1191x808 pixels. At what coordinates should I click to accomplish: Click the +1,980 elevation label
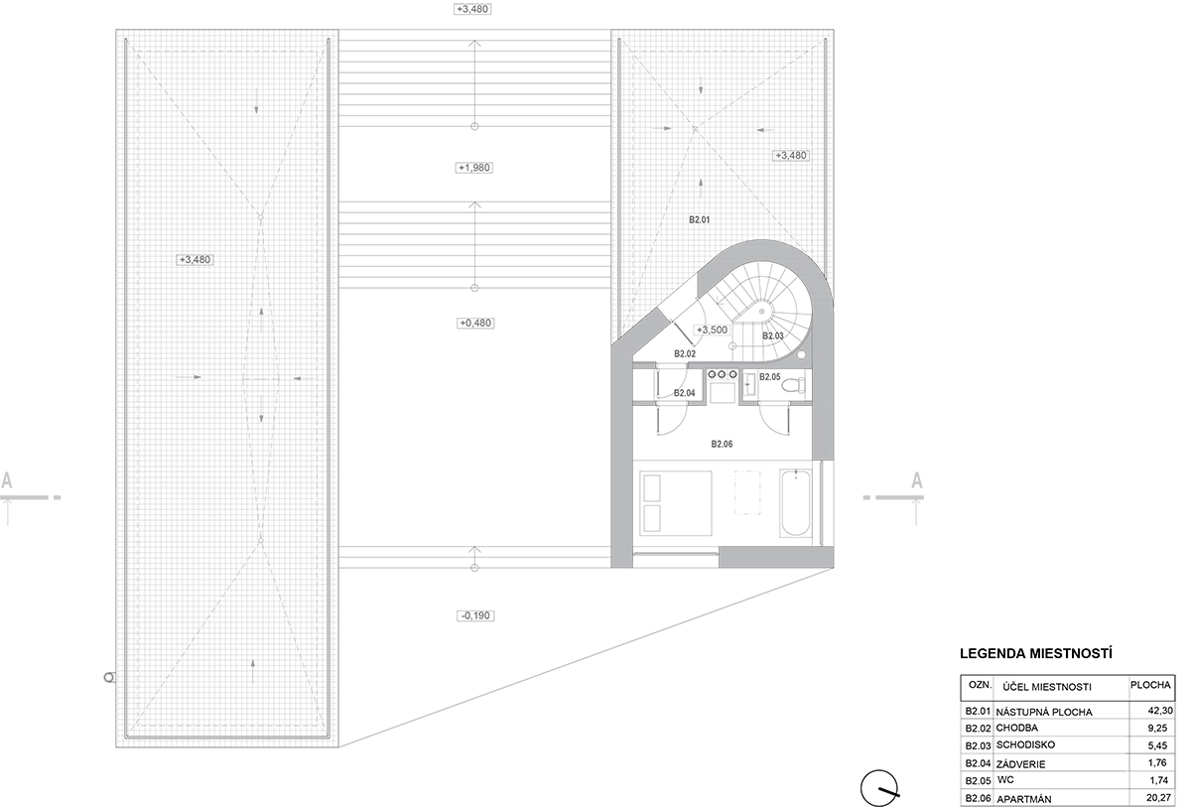[x=474, y=168]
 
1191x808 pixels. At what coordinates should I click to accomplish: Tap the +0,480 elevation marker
[x=475, y=323]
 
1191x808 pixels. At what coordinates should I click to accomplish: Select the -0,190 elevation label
[x=475, y=615]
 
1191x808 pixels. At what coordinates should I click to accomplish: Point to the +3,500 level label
[x=712, y=330]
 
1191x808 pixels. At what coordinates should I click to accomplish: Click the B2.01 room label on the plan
[x=699, y=219]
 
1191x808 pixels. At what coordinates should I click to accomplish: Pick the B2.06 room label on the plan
[x=722, y=444]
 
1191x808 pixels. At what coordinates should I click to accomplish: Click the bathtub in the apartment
[x=796, y=502]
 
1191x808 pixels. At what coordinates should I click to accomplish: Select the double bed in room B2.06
[x=675, y=502]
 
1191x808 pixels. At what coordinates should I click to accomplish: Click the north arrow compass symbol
[x=879, y=788]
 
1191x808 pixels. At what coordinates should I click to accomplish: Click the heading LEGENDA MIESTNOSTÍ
[x=1036, y=653]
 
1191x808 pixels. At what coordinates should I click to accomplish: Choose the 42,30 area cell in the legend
[x=1160, y=710]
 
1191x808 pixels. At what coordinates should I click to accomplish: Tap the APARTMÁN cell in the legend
[x=1024, y=798]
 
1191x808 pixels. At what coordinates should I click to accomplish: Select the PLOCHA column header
[x=1150, y=685]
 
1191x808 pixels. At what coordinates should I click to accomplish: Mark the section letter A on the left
[x=6, y=479]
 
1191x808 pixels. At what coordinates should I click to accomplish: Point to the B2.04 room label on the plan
[x=684, y=393]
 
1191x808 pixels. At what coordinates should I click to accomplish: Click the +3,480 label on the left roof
[x=195, y=260]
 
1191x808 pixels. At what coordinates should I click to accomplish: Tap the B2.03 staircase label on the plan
[x=772, y=337]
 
